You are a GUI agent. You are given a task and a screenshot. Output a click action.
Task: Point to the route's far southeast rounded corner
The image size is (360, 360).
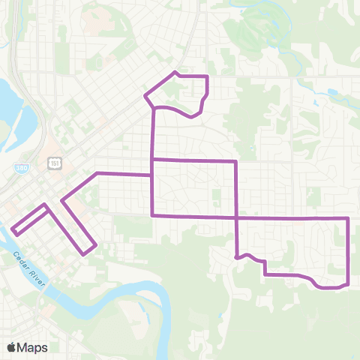coord(346,283)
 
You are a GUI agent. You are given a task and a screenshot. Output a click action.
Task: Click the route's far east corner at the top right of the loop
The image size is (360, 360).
coord(349,217)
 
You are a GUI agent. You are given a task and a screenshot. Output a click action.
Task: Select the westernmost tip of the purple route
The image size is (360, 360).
coord(12,229)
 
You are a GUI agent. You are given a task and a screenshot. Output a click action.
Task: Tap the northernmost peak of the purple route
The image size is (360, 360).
coord(175,72)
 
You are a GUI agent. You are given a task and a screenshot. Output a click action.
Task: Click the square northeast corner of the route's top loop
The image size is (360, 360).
coord(206,76)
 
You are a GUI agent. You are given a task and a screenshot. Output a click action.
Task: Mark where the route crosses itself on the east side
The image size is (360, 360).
coord(237,217)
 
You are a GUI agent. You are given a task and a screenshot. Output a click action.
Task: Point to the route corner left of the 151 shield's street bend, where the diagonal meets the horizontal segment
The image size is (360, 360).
coord(97,173)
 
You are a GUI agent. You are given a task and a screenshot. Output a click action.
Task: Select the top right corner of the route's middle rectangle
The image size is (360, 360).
coord(237,160)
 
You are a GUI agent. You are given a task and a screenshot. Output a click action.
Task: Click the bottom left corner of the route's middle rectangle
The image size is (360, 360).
coord(152,215)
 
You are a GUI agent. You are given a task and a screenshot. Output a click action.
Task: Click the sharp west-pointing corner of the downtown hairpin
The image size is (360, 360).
coord(61,200)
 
